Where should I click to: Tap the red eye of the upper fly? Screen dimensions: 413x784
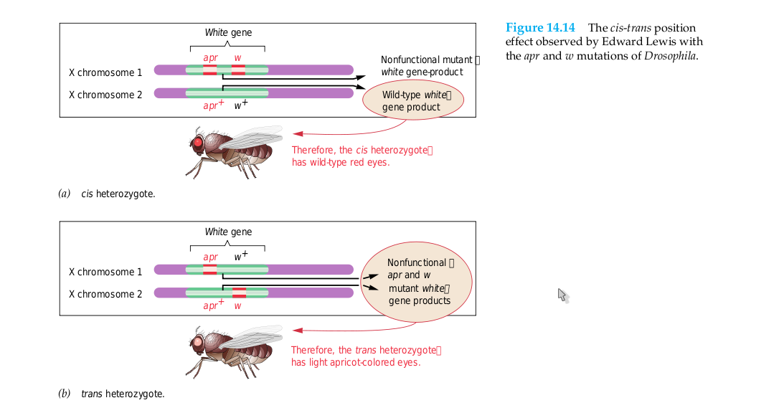coord(198,143)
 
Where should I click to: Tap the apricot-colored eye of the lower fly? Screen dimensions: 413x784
coord(198,342)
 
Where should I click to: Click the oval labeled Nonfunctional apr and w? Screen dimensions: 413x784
coord(417,282)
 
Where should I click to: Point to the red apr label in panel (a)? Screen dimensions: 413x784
coord(209,57)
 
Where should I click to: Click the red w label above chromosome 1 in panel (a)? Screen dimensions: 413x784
coord(237,57)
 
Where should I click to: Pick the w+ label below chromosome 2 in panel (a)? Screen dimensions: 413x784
coord(241,105)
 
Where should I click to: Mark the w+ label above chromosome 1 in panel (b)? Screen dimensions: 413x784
coord(241,256)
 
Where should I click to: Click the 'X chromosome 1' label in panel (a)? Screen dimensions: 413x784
coord(105,72)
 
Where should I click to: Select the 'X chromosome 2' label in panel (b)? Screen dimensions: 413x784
coord(105,294)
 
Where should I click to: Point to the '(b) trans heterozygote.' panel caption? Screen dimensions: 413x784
coord(111,394)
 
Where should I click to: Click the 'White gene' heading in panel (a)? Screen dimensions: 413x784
coord(228,32)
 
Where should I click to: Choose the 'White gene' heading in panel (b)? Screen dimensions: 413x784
coord(228,232)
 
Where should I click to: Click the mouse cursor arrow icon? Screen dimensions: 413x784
coord(562,295)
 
